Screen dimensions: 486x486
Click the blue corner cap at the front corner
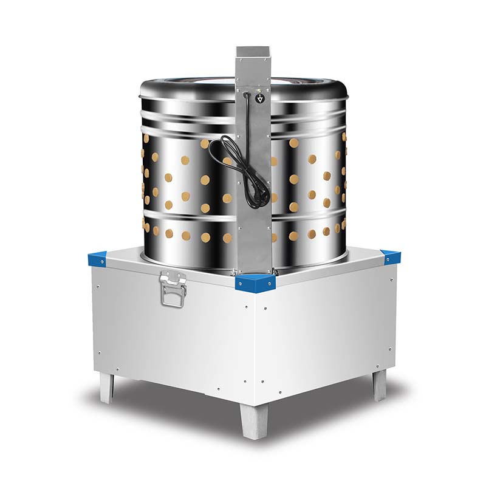[x=256, y=282]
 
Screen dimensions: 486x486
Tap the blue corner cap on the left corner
[x=97, y=258]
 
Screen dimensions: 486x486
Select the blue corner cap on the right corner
[x=390, y=258]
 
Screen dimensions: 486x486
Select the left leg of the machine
[x=108, y=387]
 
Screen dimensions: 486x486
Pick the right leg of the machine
[x=380, y=385]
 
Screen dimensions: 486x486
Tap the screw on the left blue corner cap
[x=96, y=261]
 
